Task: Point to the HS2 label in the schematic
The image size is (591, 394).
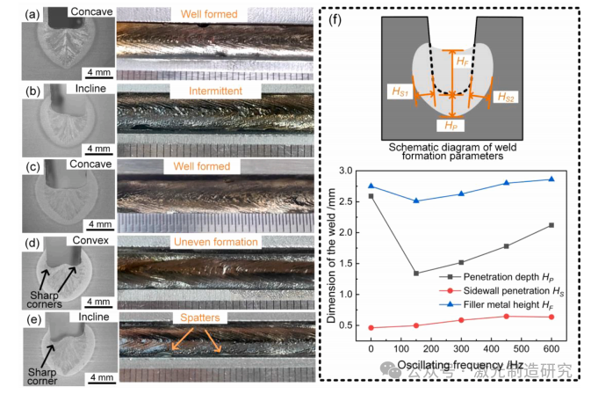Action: [x=507, y=94]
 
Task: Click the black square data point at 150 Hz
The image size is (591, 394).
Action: [x=415, y=273]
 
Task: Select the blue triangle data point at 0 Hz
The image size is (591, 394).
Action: [x=371, y=186]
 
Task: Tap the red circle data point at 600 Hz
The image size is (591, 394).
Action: [x=551, y=317]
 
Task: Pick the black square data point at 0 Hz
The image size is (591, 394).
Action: [x=371, y=196]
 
